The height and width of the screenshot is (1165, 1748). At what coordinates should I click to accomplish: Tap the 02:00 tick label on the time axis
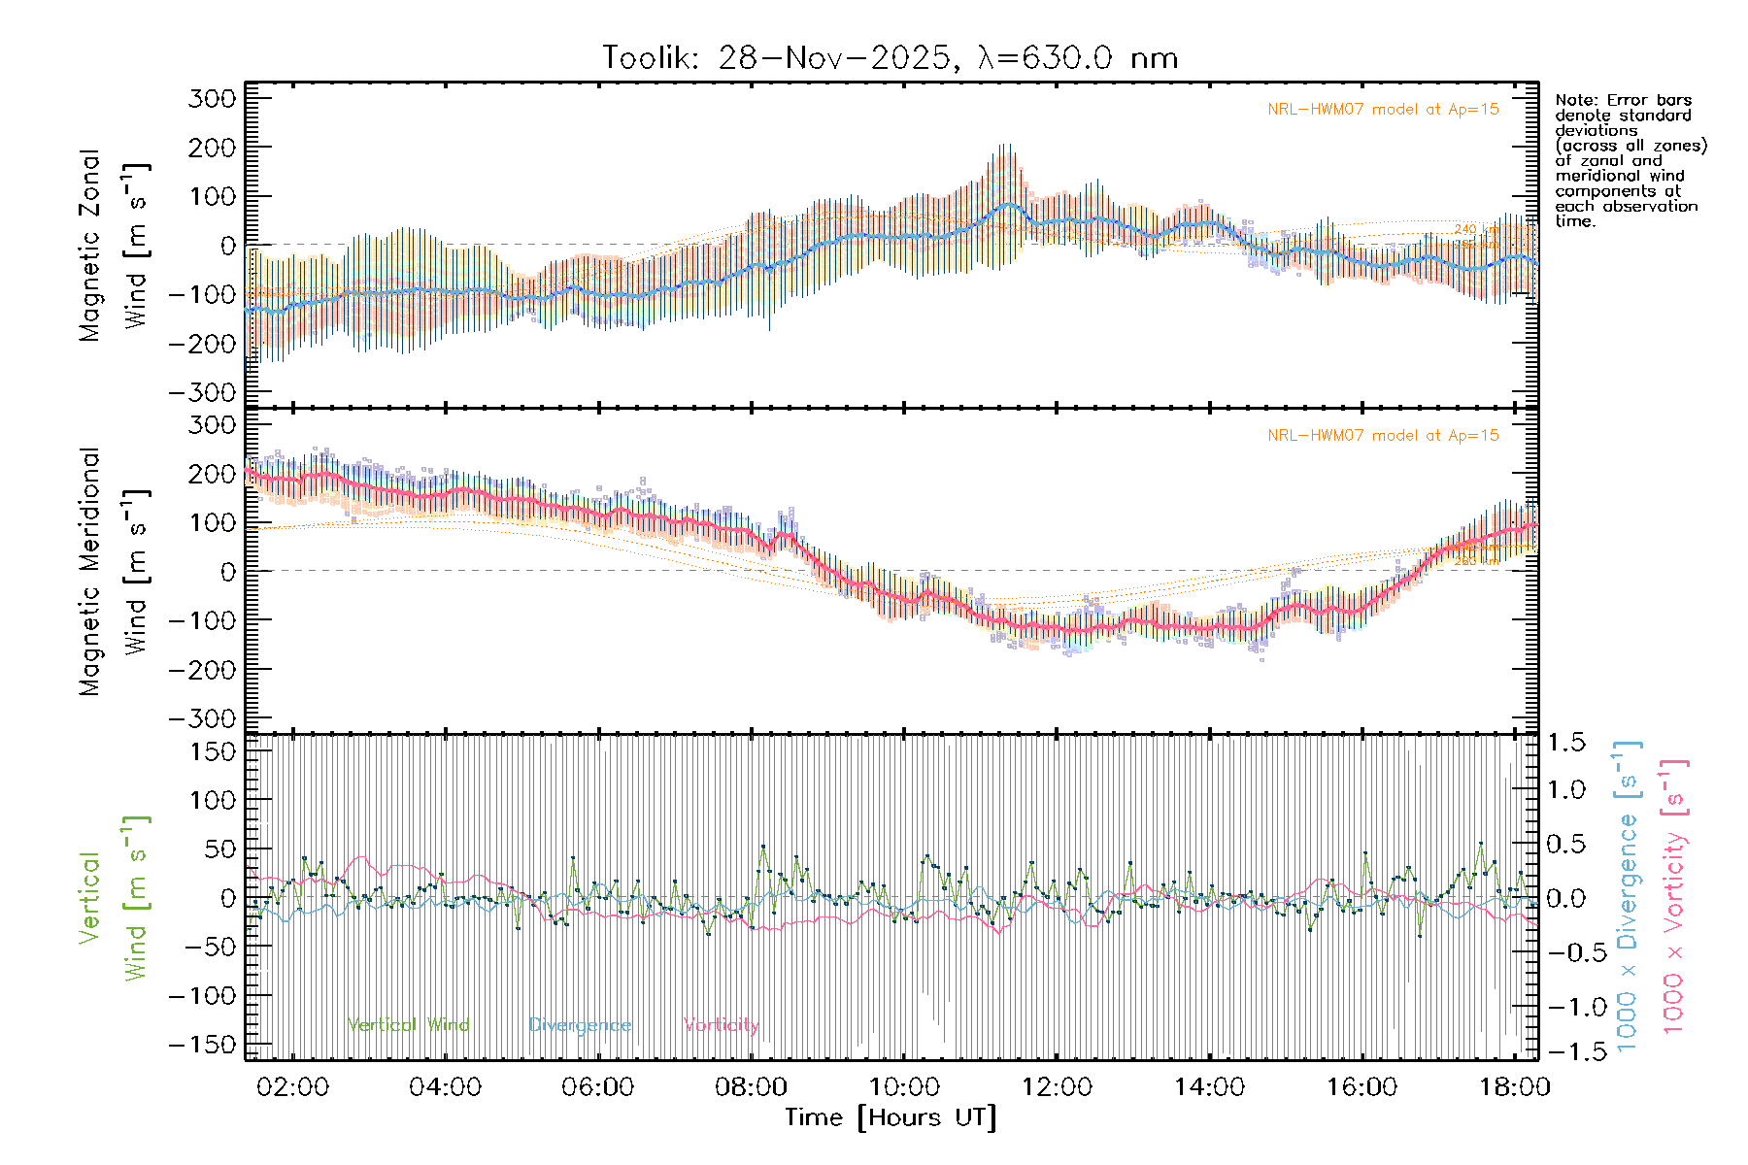292,1087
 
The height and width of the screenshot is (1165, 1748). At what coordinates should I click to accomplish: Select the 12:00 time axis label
1057,1087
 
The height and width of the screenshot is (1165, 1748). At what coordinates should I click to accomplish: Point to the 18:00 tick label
1514,1087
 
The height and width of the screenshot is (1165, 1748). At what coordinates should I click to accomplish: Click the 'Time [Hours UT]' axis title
891,1117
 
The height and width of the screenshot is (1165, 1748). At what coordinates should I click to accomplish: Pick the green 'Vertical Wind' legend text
408,1025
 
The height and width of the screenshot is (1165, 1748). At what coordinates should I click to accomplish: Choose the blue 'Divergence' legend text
580,1025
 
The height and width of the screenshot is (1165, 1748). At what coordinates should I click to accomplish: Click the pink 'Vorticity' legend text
721,1025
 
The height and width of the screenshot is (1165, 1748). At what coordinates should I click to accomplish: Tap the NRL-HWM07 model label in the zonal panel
1383,110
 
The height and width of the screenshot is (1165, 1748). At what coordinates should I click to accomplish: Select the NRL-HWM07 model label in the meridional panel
1383,436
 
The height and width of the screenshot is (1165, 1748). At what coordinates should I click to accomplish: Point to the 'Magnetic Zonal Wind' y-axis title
114,245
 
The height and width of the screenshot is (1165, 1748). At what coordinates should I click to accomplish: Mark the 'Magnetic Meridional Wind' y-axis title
114,572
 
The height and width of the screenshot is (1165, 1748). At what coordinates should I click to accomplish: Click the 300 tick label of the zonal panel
212,98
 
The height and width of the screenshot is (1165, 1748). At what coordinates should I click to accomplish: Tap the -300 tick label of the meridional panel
202,718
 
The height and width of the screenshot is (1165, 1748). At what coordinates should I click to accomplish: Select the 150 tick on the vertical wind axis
212,751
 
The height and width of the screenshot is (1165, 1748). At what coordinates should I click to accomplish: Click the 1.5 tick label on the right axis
1565,743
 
